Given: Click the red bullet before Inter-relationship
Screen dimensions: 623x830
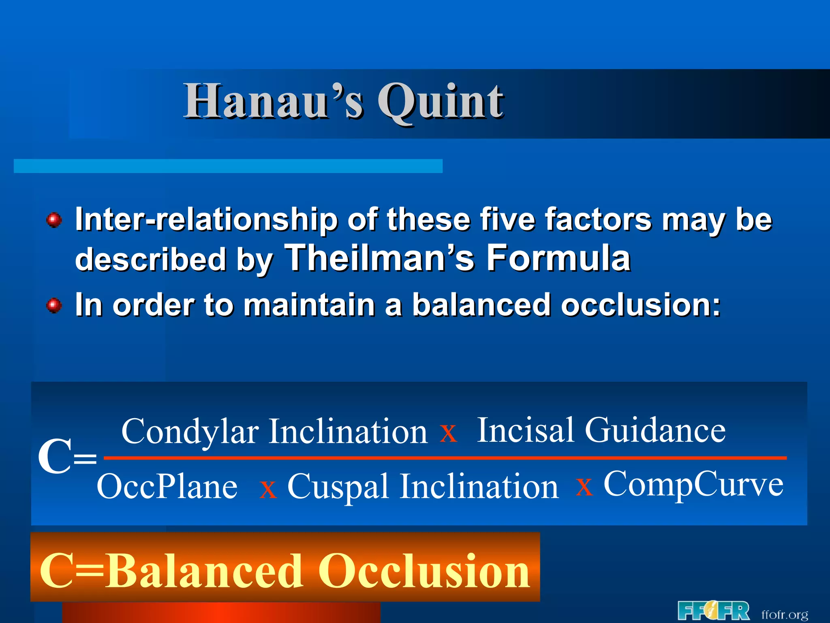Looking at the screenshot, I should pos(54,220).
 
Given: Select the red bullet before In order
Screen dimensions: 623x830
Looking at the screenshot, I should pos(54,305).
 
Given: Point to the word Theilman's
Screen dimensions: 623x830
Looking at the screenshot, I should pos(379,258).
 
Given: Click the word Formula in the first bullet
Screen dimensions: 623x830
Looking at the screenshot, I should pos(558,258).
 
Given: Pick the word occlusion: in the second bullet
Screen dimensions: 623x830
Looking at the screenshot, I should pos(641,305).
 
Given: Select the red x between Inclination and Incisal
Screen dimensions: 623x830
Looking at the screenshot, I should pos(449,433).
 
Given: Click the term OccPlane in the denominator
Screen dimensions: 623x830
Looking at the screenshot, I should pos(167,487).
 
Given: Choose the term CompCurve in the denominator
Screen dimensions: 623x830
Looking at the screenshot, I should pos(693,484).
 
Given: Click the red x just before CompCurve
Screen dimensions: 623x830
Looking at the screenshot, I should pos(584,487).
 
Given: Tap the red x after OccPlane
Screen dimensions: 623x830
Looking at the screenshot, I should pos(268,489).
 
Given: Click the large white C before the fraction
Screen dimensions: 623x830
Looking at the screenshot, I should pos(55,457).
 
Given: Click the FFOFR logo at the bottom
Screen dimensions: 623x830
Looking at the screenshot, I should pos(713,611).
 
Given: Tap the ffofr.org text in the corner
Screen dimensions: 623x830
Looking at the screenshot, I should pos(785,614).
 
